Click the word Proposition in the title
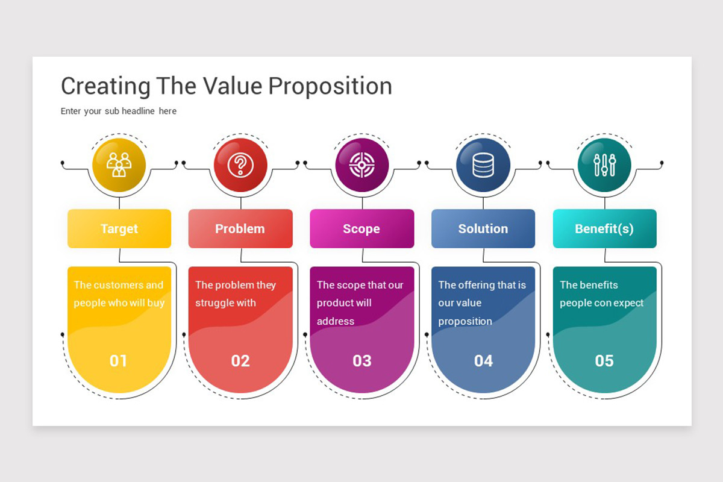coord(330,87)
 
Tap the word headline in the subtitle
coord(138,111)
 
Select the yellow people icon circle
coord(119,165)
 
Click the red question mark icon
coord(240,165)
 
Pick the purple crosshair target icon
coord(362,165)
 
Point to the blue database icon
coord(483,165)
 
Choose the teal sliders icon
coord(604,165)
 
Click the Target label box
coord(119,228)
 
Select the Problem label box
coord(240,228)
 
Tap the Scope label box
coord(362,228)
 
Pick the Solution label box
coord(483,228)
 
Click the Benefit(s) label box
coord(604,228)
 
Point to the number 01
coord(118,361)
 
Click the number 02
coord(240,361)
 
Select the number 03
coord(362,361)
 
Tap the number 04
coord(483,361)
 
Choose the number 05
coord(604,361)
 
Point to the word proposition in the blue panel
coord(465,322)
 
